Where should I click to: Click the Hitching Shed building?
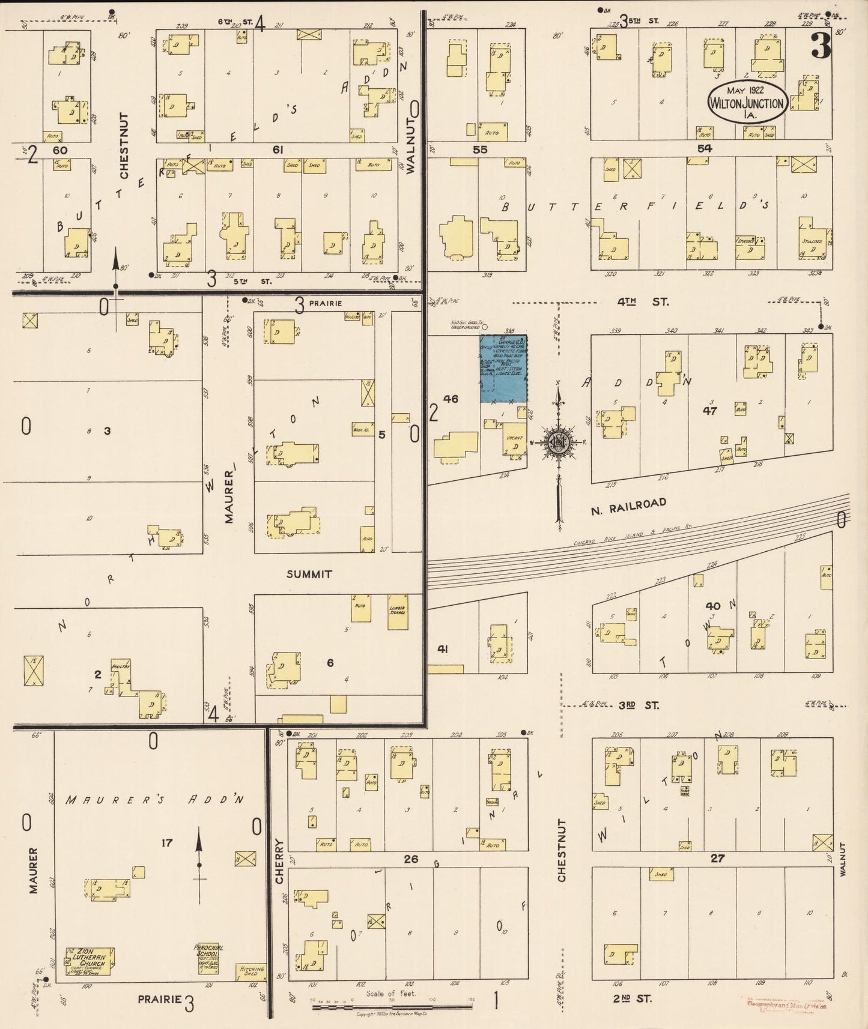point(252,971)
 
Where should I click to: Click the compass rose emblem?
point(558,443)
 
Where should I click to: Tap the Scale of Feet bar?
point(392,1006)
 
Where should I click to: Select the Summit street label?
point(309,575)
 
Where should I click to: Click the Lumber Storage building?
point(396,612)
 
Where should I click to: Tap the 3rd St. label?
point(639,705)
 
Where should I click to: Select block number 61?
point(277,149)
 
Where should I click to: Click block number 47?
point(710,411)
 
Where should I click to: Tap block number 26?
point(411,859)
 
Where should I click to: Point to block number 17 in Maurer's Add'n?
point(166,843)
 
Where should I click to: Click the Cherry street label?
point(279,861)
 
